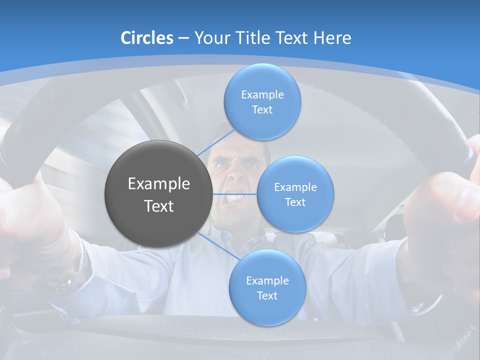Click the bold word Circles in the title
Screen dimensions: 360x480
pos(147,38)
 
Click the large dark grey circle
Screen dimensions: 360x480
pos(158,194)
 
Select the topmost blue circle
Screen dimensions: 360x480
pos(262,101)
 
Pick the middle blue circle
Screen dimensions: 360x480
pos(295,194)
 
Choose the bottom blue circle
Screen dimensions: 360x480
pos(267,287)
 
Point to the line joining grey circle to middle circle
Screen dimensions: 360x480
pos(234,194)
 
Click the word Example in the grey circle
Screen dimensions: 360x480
pos(159,184)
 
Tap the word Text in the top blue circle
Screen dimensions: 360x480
pos(262,110)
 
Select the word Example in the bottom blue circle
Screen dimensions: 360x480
pos(267,280)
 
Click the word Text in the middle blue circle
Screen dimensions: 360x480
pos(295,202)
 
